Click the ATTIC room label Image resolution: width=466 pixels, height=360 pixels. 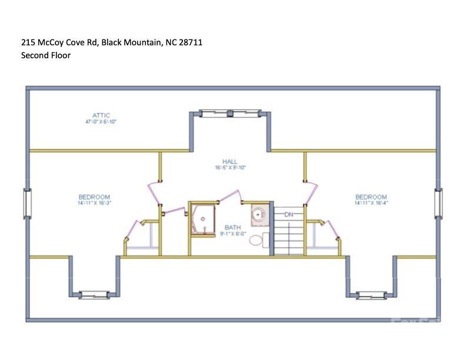pos(101,115)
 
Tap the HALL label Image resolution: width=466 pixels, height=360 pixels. pos(229,161)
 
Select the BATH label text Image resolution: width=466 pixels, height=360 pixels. pos(232,227)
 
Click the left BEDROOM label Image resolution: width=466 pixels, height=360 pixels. pos(94,197)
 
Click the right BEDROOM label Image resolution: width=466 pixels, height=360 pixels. pos(371,197)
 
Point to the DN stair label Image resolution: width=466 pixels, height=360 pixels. pos(288,215)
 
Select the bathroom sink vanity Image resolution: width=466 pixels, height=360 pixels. pos(258,215)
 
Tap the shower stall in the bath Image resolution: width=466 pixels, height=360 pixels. pos(203,219)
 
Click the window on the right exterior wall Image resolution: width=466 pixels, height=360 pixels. pos(438,202)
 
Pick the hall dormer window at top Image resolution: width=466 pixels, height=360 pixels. pos(229,112)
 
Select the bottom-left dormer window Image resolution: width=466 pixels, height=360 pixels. pos(94,294)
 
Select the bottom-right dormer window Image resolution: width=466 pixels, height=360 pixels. pos(371,294)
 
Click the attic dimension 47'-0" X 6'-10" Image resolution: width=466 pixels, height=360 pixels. pos(101,122)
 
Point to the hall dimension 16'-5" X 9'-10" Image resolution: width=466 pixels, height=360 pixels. pos(229,168)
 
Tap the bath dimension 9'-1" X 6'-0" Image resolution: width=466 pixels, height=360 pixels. pos(232,234)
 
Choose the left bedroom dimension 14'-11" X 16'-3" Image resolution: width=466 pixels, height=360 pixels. pos(94,203)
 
